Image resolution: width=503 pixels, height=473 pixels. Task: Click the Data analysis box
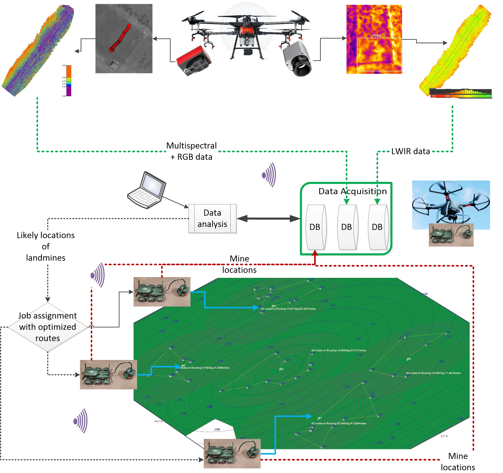point(212,219)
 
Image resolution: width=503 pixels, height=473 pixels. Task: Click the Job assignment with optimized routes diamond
point(48,327)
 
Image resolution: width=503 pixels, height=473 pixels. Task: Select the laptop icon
point(147,190)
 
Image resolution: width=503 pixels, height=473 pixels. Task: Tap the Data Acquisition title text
point(353,191)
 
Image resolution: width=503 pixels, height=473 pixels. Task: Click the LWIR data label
point(410,151)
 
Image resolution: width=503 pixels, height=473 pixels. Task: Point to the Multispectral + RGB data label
point(192,151)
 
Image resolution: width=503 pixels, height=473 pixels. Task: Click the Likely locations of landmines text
point(46,246)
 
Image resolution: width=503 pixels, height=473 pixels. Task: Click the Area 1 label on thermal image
point(378,35)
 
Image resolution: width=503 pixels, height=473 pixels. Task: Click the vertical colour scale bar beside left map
point(68,81)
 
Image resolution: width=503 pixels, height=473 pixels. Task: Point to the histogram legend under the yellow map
point(460,93)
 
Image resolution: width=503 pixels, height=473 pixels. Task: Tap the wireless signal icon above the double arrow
point(269,175)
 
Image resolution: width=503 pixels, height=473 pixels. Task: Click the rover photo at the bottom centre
point(232,453)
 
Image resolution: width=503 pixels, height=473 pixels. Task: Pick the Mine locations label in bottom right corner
point(458,461)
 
